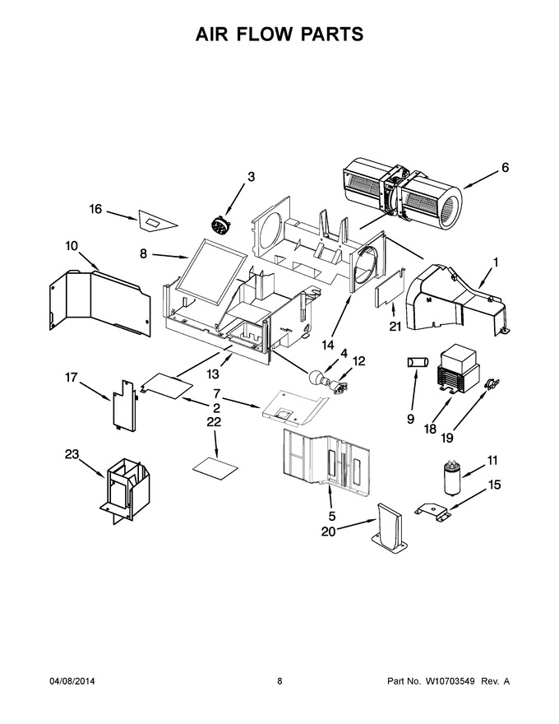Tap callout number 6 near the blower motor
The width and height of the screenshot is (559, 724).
point(505,167)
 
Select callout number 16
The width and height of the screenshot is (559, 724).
point(95,209)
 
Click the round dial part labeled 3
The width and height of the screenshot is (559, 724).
point(219,225)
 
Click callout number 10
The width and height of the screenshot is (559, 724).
point(72,246)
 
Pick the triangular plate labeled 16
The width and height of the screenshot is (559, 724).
point(156,222)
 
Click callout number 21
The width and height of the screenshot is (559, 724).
point(395,327)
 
